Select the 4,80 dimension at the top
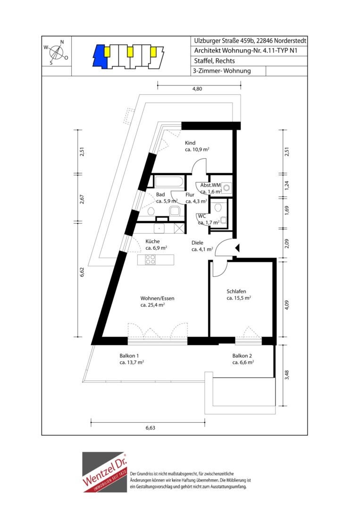pos(197,88)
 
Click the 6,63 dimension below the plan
pos(150,428)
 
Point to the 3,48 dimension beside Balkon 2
pos(286,375)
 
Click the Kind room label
pos(190,143)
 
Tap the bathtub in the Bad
pos(168,181)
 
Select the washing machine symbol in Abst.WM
pos(227,187)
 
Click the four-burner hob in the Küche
pos(150,259)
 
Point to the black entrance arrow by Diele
pos(237,248)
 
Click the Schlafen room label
pos(236,291)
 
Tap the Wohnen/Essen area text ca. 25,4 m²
pos(152,305)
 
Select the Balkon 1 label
pos(129,356)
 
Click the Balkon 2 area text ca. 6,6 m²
pos(243,362)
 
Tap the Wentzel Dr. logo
pos(104,472)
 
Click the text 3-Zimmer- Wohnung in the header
pos(222,70)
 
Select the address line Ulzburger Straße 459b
pos(224,41)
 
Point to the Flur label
pos(190,195)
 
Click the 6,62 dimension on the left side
pos(82,272)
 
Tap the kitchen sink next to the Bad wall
pos(159,229)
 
